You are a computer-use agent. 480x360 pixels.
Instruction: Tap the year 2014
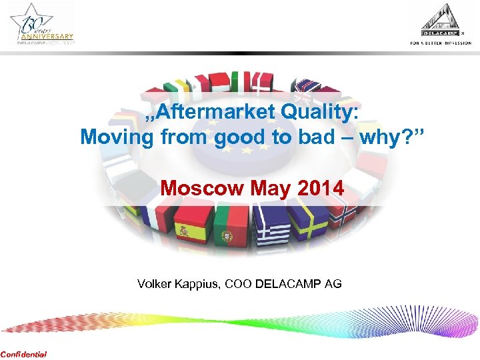[x=320, y=189]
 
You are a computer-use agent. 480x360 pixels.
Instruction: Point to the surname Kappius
[x=198, y=284]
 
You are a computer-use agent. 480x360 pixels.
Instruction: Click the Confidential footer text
[x=23, y=354]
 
